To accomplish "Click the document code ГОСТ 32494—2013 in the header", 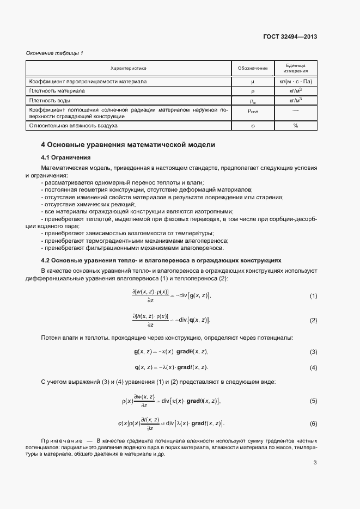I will pyautogui.click(x=289, y=36).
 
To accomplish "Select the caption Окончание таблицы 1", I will pyautogui.click(x=54, y=53).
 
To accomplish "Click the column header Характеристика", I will pyautogui.click(x=129, y=68).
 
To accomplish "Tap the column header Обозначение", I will pyautogui.click(x=253, y=68).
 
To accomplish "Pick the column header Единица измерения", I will pyautogui.click(x=296, y=68).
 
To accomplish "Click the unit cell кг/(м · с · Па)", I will pyautogui.click(x=296, y=81).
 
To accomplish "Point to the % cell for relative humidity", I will pyautogui.click(x=296, y=126).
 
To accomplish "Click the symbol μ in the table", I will pyautogui.click(x=253, y=81).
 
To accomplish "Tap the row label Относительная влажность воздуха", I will pyautogui.click(x=73, y=126).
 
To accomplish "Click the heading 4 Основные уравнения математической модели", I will pyautogui.click(x=128, y=145).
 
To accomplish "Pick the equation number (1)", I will pyautogui.click(x=313, y=296).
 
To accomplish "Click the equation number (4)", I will pyautogui.click(x=313, y=367).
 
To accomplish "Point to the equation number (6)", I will pyautogui.click(x=313, y=424).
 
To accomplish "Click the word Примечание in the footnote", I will pyautogui.click(x=62, y=439).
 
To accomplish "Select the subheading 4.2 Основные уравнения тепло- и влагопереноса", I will pyautogui.click(x=161, y=261).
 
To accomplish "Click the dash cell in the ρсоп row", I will pyautogui.click(x=296, y=111).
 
